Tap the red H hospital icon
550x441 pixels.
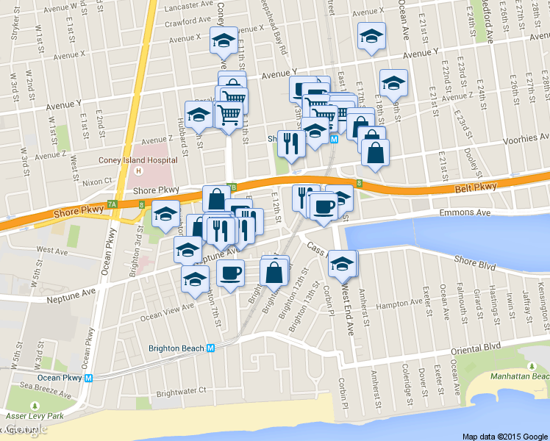point(139,171)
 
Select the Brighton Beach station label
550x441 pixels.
point(176,348)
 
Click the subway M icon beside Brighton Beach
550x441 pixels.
point(211,348)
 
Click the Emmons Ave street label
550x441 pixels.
point(465,212)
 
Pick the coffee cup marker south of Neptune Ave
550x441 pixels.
point(231,274)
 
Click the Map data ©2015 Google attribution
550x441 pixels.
point(505,436)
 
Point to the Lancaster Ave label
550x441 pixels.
point(189,6)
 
